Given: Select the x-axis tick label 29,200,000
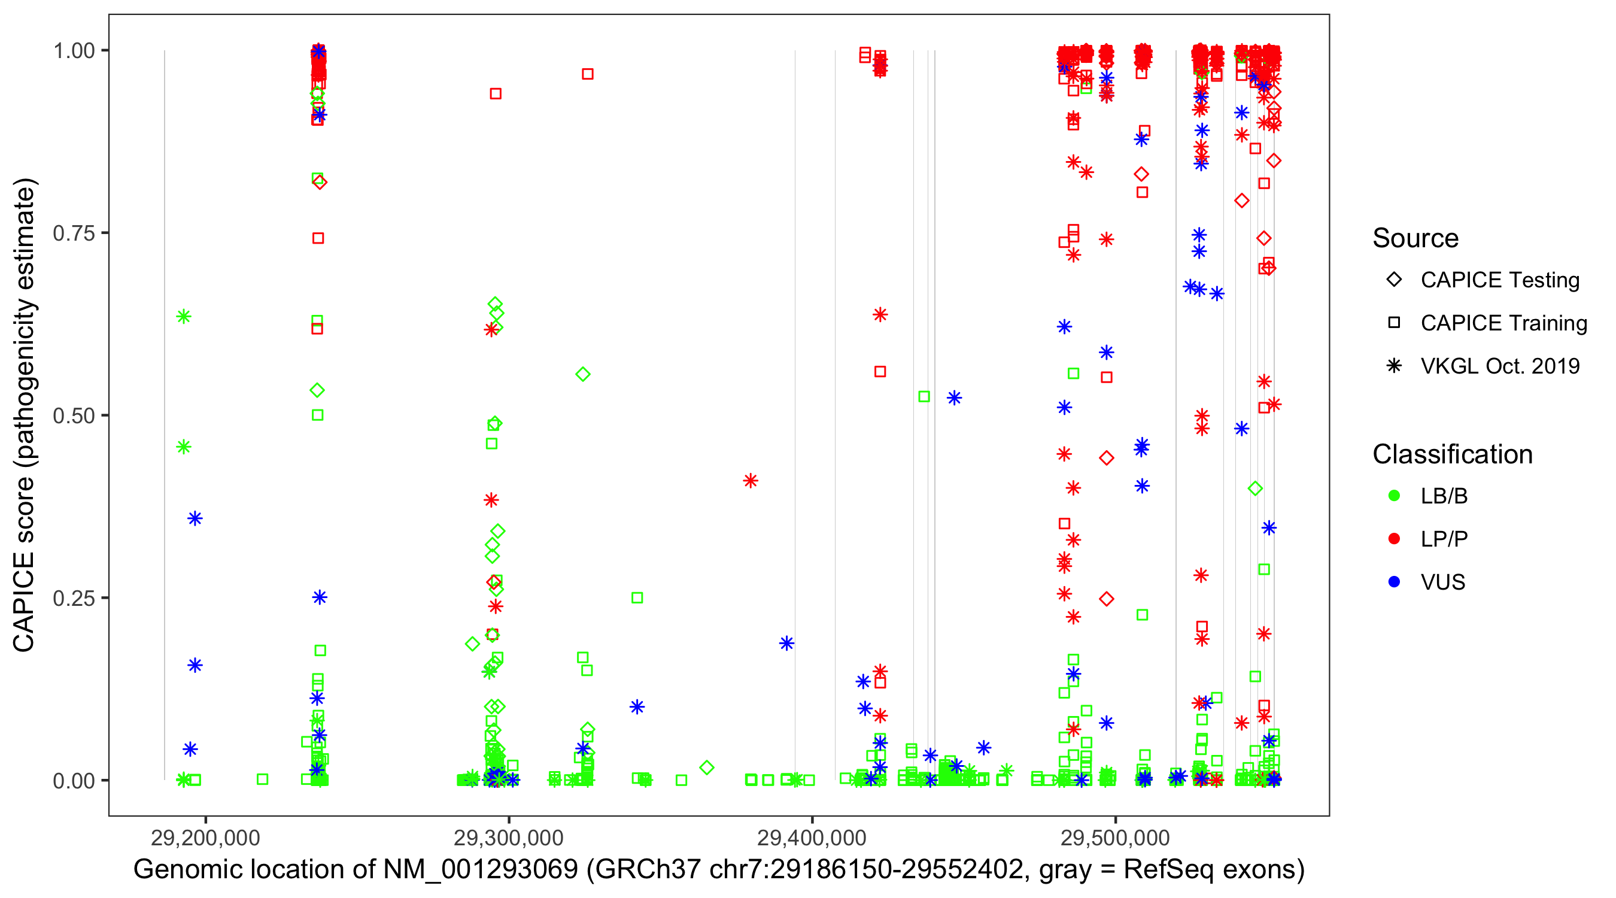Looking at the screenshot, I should [205, 838].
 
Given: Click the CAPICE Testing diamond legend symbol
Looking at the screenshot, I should [1394, 280].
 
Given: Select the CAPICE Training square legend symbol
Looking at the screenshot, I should [1394, 323].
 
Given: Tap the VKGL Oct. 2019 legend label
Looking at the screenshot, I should [1500, 366].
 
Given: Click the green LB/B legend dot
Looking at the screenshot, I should [1394, 496].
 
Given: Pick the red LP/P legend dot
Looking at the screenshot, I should [1394, 539].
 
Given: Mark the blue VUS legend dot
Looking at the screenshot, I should [1394, 583].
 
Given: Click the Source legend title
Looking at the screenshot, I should [1415, 238].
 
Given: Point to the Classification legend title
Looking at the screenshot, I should [1452, 454].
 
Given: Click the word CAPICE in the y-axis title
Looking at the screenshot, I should [24, 602].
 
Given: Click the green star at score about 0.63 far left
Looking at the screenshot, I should [184, 317].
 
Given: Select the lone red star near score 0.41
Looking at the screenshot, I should [751, 481].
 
